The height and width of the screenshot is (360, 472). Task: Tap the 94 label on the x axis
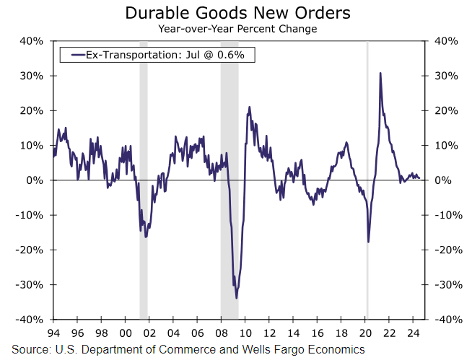[53, 333]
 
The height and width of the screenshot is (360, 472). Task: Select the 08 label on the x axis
[220, 333]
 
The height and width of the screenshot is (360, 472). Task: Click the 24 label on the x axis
[412, 333]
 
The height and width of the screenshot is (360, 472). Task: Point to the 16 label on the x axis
[317, 333]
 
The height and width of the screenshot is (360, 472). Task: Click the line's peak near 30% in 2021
[380, 73]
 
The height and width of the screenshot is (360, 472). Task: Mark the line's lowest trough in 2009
[237, 298]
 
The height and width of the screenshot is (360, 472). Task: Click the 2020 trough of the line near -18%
[369, 242]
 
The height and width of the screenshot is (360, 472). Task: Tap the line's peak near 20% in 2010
[249, 107]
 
